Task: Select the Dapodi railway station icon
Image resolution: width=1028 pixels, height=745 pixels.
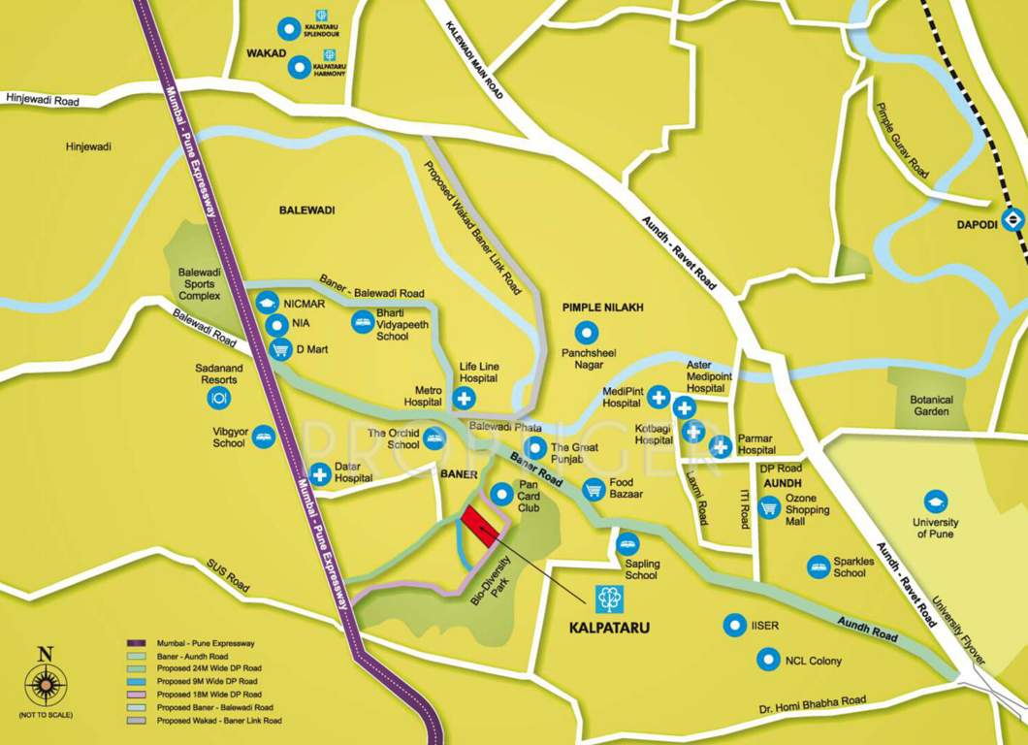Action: coord(1013,219)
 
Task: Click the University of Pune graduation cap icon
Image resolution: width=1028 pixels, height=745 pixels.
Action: coord(935,502)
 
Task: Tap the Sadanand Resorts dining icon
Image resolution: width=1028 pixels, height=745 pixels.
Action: coord(219,397)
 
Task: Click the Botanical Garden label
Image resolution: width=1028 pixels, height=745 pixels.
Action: coord(931,405)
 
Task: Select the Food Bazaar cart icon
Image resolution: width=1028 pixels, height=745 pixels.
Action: coord(594,490)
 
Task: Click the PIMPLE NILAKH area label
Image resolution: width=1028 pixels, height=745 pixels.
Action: coord(603,308)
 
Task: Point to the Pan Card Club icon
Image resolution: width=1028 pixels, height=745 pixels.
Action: coord(500,494)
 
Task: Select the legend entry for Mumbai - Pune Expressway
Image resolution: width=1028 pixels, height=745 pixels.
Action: coord(206,643)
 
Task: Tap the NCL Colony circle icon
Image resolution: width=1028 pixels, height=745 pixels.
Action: coord(769,661)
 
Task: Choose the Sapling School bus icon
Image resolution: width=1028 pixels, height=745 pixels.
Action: coord(628,545)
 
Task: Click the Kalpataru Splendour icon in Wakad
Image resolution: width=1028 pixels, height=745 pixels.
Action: coord(288,29)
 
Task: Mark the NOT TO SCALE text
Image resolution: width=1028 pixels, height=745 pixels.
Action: coord(45,715)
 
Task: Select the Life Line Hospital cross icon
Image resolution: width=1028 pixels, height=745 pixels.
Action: coord(465,398)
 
